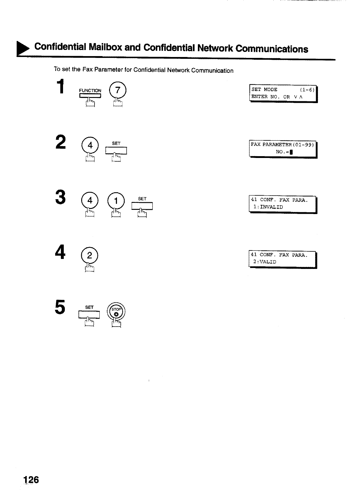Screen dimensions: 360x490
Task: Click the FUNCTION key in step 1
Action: point(90,96)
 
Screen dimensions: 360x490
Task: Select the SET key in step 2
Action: point(116,150)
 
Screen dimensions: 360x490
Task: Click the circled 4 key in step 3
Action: point(90,201)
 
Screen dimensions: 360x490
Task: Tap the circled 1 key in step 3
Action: point(116,201)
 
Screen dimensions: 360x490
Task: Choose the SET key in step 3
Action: point(142,206)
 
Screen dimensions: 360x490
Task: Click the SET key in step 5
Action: point(89,315)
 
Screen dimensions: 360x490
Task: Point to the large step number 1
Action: point(61,86)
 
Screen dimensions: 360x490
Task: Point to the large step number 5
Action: point(60,307)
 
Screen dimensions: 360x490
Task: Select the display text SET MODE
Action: point(264,89)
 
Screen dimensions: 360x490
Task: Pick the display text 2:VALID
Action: point(265,262)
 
